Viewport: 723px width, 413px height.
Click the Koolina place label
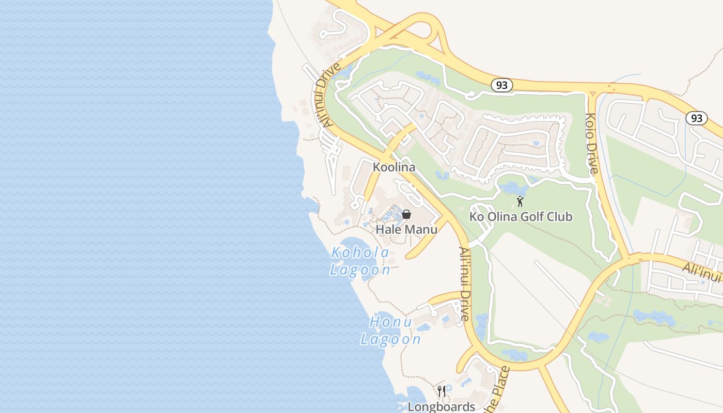394,167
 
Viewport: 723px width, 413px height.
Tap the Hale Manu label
406,229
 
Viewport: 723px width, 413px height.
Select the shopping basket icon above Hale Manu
406,214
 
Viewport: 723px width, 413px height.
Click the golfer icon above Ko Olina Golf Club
520,201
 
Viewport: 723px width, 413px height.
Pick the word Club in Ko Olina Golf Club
559,216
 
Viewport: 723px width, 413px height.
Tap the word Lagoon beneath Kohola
360,270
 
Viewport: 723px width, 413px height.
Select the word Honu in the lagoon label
391,322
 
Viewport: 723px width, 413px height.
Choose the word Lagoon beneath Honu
391,339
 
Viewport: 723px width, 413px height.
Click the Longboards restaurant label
442,407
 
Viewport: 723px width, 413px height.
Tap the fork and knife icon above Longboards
442,391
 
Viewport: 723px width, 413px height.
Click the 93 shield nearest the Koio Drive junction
501,85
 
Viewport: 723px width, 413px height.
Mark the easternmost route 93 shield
697,118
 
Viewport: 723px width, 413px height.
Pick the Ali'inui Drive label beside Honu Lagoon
465,284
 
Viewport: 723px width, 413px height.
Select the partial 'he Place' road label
496,391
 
